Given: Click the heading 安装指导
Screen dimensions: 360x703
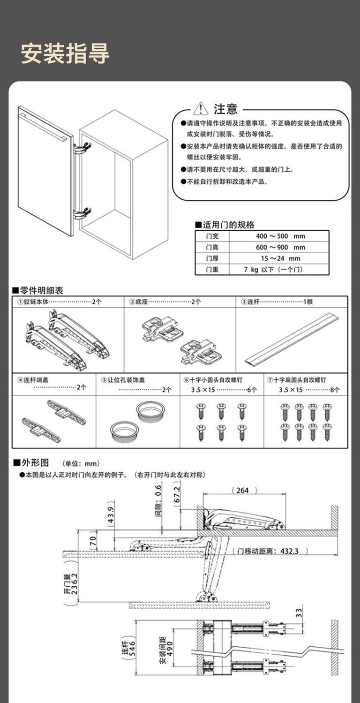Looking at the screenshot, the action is pyautogui.click(x=65, y=53).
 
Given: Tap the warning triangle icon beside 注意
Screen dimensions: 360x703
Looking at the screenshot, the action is pyautogui.click(x=201, y=109).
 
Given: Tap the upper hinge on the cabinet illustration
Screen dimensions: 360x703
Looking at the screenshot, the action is pyautogui.click(x=82, y=148).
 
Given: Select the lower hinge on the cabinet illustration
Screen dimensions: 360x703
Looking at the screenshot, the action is pyautogui.click(x=82, y=214).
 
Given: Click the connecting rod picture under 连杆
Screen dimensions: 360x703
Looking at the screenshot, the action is pyautogui.click(x=292, y=340).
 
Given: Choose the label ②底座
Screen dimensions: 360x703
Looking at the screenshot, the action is pyautogui.click(x=139, y=302).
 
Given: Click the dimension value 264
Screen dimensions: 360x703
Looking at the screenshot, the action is pyautogui.click(x=243, y=490).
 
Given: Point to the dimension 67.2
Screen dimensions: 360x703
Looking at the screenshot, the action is pyautogui.click(x=177, y=498).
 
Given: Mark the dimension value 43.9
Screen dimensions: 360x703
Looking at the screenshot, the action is pyautogui.click(x=111, y=514).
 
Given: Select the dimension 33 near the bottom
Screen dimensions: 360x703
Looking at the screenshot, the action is pyautogui.click(x=299, y=612).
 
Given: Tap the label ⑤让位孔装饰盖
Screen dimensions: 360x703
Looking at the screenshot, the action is pyautogui.click(x=123, y=379).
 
